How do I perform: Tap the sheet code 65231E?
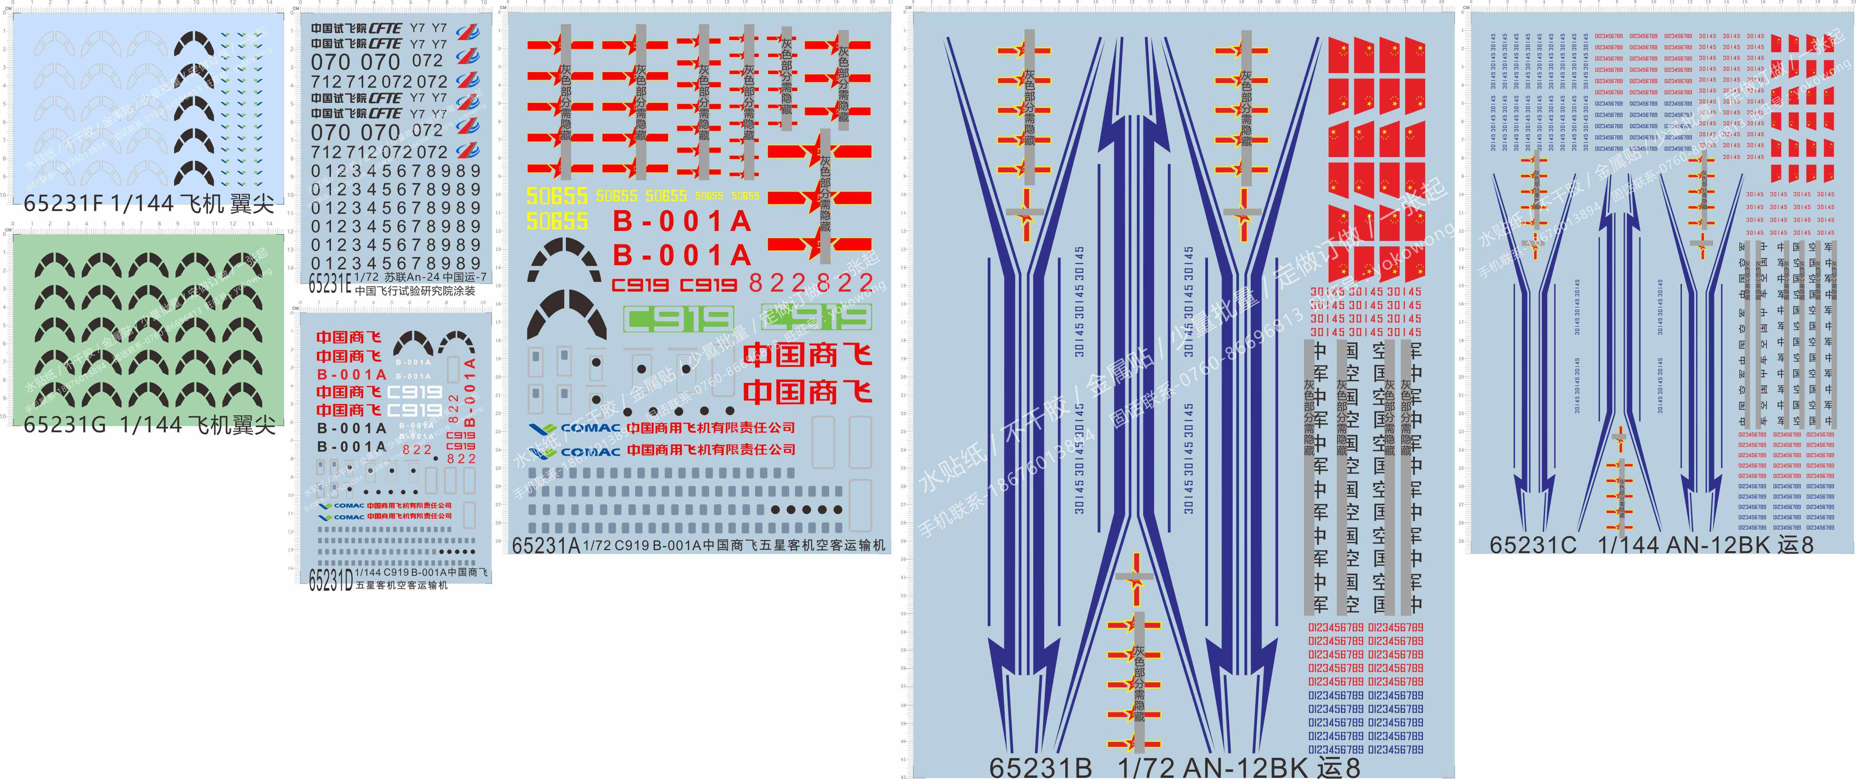(330, 284)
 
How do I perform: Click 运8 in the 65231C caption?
(1794, 544)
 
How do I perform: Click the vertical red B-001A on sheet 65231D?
(470, 393)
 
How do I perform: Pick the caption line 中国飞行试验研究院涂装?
(415, 291)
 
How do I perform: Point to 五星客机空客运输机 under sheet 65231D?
(401, 585)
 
